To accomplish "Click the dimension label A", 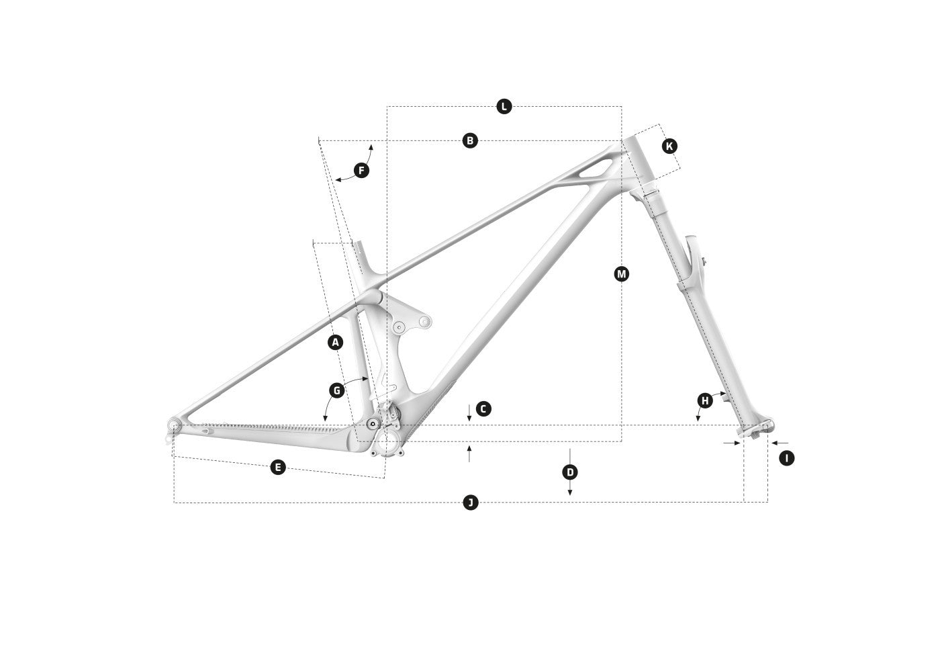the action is (335, 343).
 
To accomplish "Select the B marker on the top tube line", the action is (470, 140).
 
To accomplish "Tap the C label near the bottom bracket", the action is (483, 409).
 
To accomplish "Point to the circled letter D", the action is (570, 473).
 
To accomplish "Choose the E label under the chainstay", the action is (278, 467).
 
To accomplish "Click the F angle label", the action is (361, 171).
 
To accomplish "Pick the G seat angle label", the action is (336, 391).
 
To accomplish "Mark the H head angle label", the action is (705, 400).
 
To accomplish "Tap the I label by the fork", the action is (787, 458).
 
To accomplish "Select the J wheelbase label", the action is (471, 503).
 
